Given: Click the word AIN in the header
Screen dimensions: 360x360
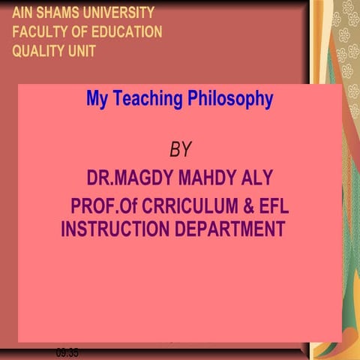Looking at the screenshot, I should pyautogui.click(x=22, y=13).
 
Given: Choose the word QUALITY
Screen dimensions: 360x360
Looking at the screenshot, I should pyautogui.click(x=40, y=52).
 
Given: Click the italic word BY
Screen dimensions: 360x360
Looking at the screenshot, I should pyautogui.click(x=180, y=149).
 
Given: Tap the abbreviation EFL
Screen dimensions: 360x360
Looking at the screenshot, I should pyautogui.click(x=274, y=205).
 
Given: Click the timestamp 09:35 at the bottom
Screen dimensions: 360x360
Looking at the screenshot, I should pyautogui.click(x=67, y=352).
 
